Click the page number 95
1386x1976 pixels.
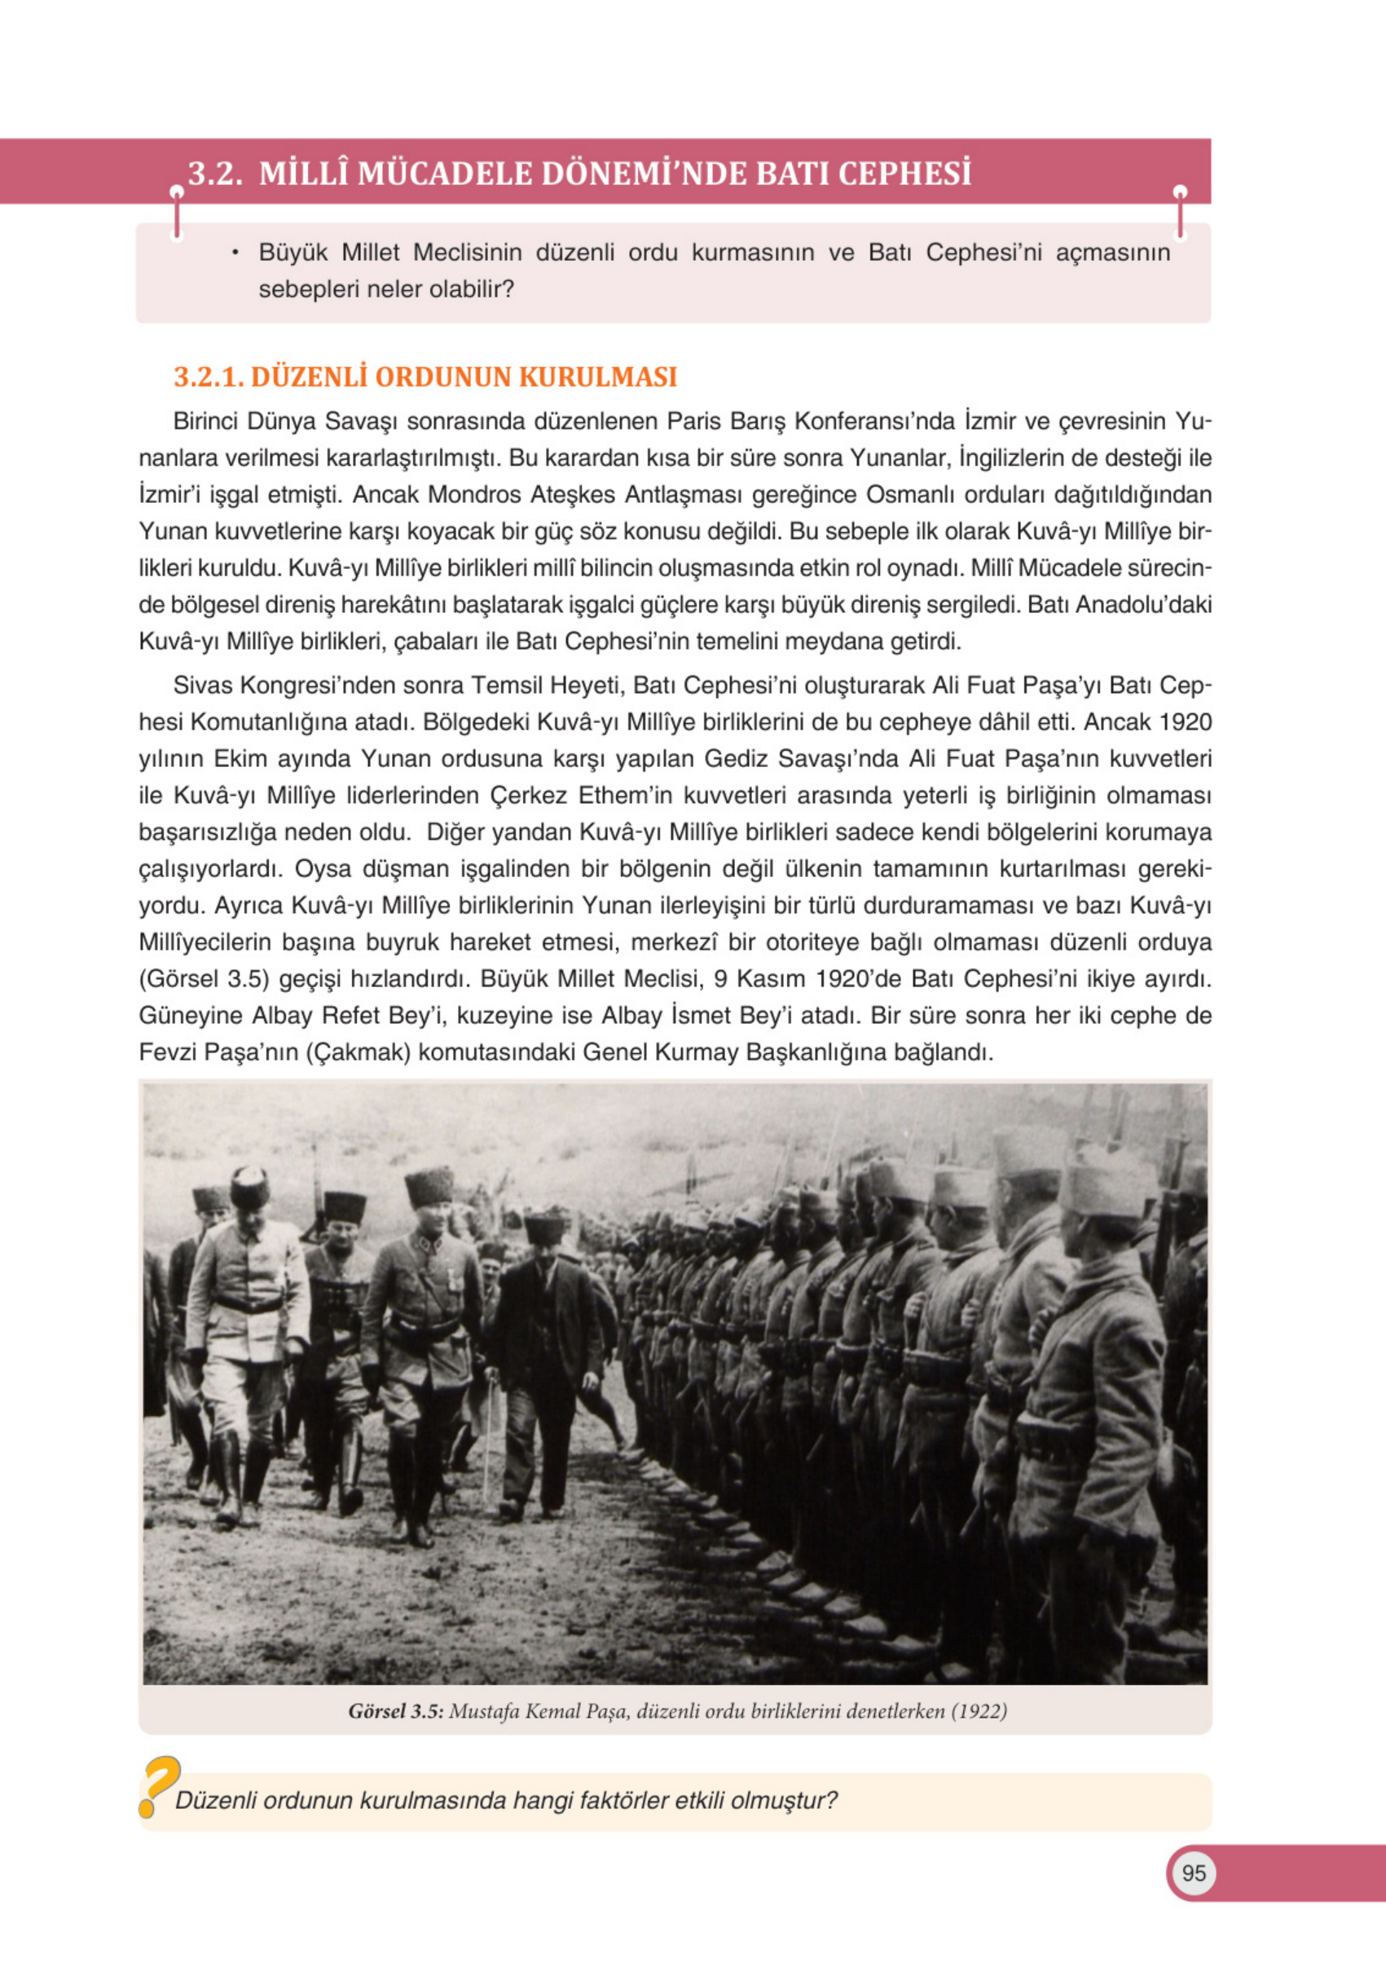pos(1193,1872)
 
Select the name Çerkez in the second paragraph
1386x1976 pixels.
pos(530,796)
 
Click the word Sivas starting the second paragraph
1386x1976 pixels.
pos(202,685)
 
